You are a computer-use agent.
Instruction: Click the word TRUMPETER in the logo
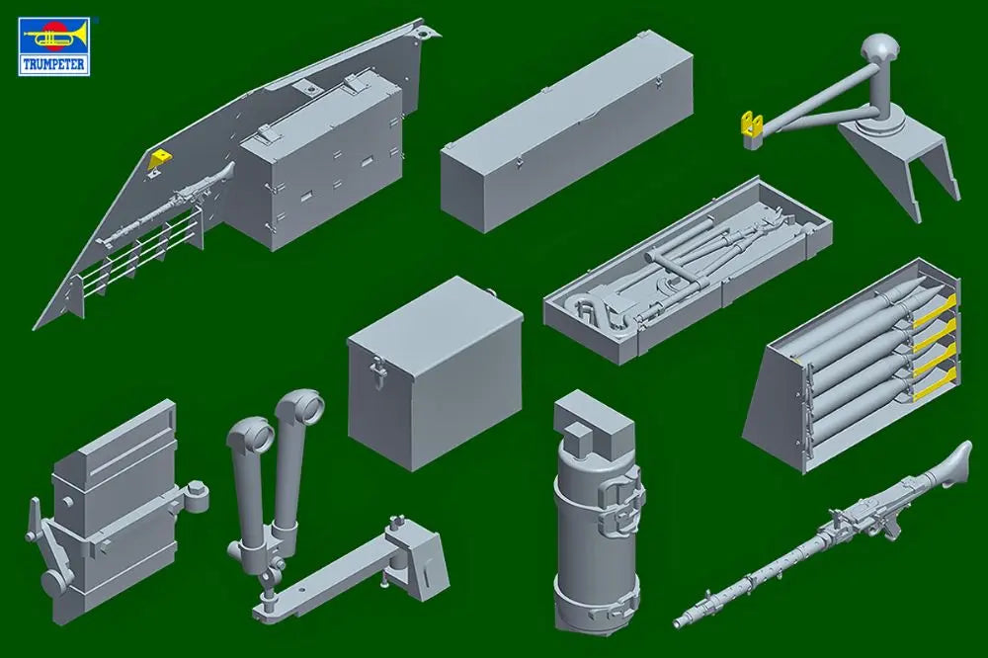(54, 64)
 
